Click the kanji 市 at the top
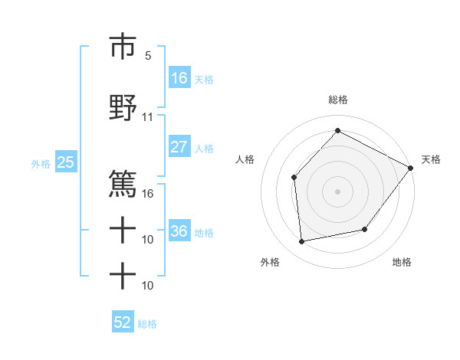(123, 47)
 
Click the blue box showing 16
(179, 78)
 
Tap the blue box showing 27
(179, 147)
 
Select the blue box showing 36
(179, 231)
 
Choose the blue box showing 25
(65, 162)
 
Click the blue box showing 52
(123, 322)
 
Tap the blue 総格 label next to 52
(147, 324)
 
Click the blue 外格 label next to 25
(41, 163)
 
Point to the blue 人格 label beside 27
(204, 148)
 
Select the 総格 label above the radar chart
(337, 100)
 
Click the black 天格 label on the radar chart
(431, 159)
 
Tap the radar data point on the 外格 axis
(302, 242)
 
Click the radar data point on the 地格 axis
(365, 229)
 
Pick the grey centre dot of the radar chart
(337, 191)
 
